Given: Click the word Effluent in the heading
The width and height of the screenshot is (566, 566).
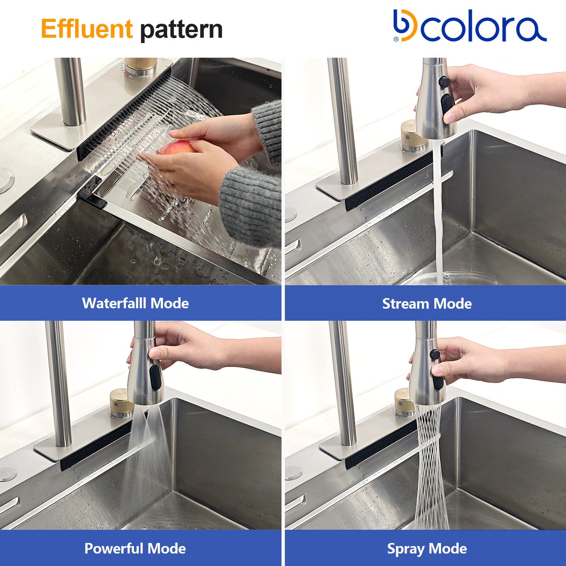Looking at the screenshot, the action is point(87,29).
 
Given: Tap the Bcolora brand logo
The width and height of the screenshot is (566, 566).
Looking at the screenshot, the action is point(470,25).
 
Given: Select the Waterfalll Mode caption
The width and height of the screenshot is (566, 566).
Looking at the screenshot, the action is point(136,303).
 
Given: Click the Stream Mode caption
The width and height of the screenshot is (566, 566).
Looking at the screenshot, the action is point(427,304).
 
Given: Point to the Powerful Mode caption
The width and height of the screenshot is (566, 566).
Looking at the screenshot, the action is point(135,548).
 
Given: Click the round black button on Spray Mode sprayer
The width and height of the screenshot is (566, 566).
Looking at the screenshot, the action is point(434,354).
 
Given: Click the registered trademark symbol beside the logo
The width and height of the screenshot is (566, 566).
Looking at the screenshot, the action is point(396,39).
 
